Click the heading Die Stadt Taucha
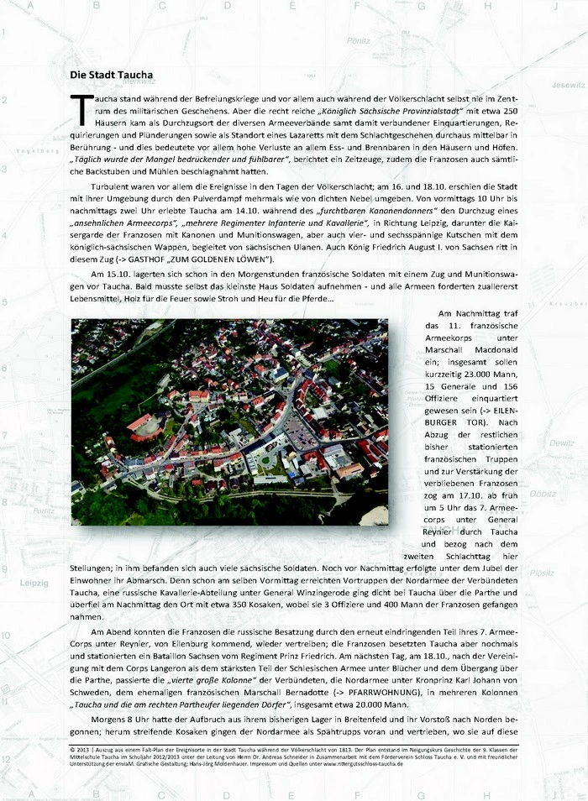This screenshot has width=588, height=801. (x=111, y=75)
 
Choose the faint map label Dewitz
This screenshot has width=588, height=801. (x=561, y=442)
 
